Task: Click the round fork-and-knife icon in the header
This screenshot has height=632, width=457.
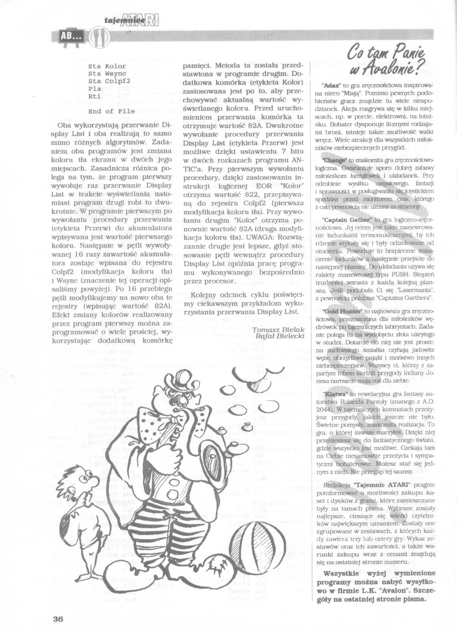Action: (100, 37)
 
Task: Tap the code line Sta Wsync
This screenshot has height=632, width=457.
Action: (104, 74)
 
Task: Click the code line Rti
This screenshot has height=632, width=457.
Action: (94, 96)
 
